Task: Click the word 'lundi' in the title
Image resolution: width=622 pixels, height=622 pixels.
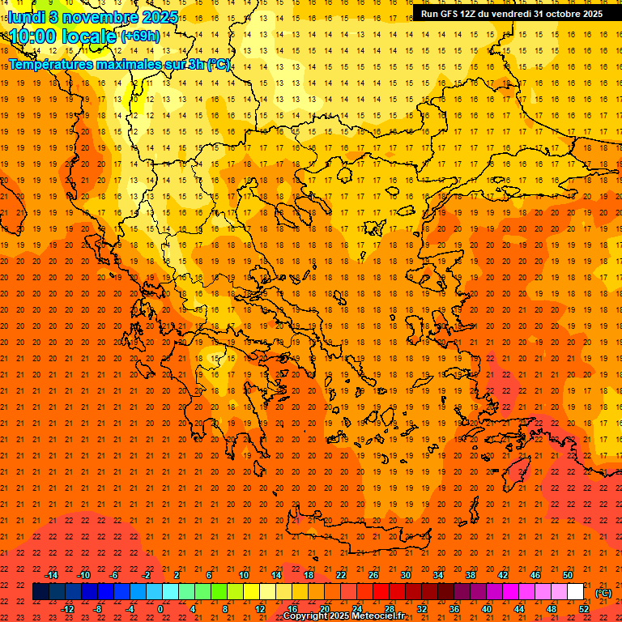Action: pos(27,16)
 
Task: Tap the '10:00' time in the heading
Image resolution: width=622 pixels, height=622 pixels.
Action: pos(32,36)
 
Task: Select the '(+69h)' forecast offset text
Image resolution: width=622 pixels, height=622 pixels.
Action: pos(140,36)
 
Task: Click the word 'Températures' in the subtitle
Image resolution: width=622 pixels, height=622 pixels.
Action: pos(49,64)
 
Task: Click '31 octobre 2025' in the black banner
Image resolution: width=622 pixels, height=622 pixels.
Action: pos(568,13)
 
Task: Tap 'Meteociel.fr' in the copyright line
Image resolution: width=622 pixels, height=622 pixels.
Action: pos(373,616)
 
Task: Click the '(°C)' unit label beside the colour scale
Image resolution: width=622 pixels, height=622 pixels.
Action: pos(603,593)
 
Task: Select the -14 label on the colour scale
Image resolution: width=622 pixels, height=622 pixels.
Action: pos(51,575)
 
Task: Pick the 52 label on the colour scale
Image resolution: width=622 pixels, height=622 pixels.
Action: pos(584,609)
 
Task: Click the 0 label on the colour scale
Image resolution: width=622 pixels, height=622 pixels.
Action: pos(160,609)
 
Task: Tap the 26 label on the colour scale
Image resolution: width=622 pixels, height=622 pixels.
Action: pos(373,575)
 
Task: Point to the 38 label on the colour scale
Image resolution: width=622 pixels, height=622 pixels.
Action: pos(471,575)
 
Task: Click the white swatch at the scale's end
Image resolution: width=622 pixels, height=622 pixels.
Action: pos(575,592)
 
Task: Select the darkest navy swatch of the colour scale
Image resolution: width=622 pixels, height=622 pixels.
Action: pos(40,592)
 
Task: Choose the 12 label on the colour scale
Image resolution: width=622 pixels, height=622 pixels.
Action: pos(260,609)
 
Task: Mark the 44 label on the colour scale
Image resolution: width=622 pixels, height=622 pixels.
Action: pos(519,609)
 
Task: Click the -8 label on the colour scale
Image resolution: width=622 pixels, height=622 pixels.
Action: pos(99,609)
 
